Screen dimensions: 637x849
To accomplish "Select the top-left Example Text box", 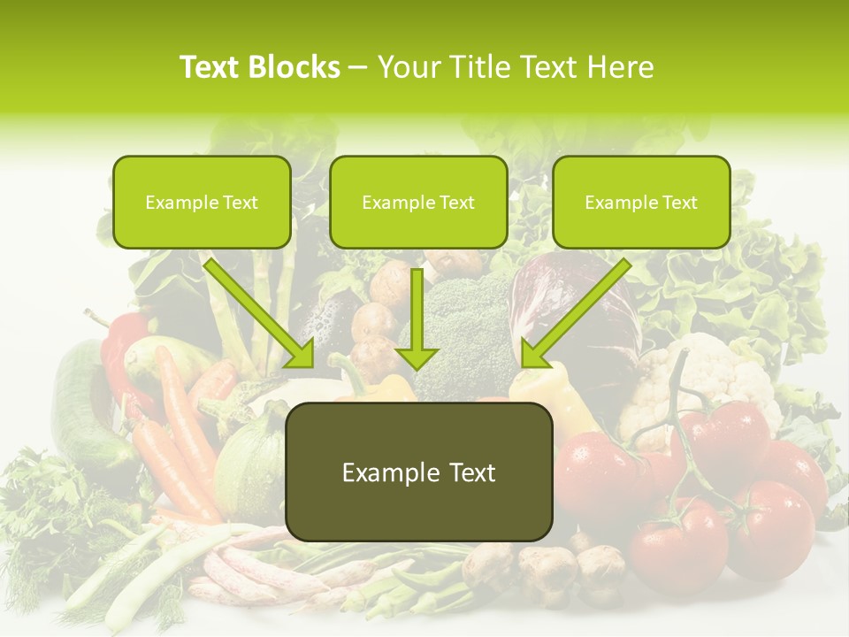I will coord(202,202).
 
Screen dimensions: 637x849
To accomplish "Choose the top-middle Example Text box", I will coord(418,202).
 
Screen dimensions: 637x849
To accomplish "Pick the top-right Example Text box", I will coord(641,202).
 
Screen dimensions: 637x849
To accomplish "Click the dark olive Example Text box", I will coord(418,472).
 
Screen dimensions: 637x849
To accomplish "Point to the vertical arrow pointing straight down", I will coord(417,318).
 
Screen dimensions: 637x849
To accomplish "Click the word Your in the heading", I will coord(409,67).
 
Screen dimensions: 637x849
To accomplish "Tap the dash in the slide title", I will coord(358,67).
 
